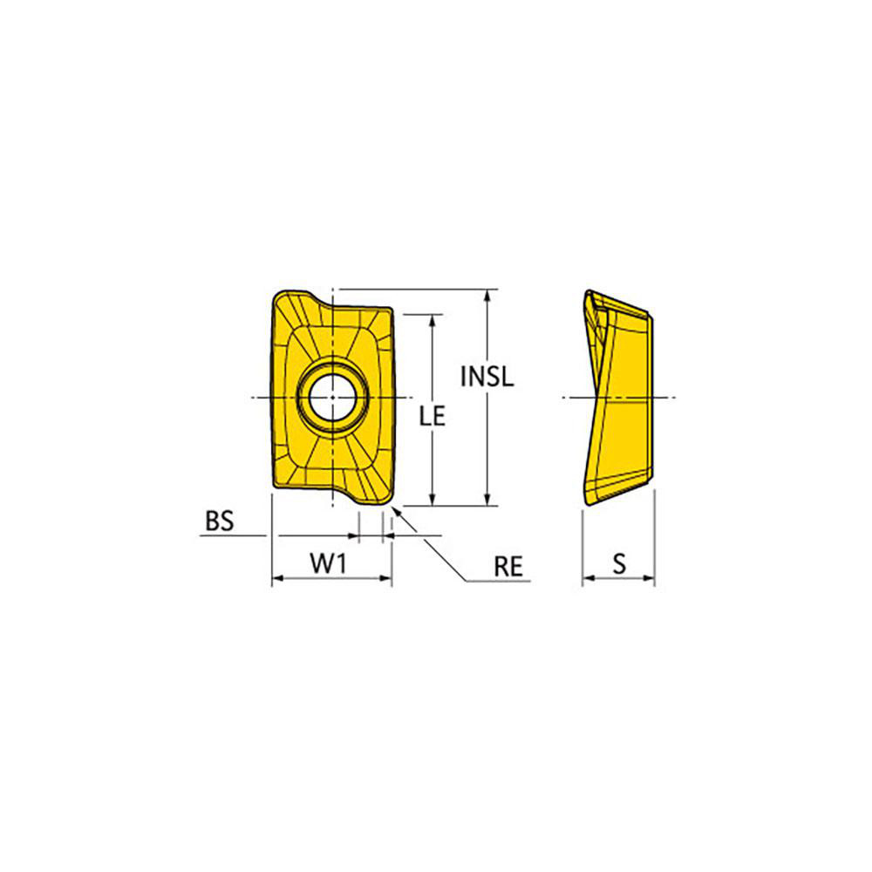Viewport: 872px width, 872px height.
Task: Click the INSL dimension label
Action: [x=487, y=377]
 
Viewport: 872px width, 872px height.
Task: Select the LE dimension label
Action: [x=433, y=417]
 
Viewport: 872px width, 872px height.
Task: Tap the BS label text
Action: [x=220, y=521]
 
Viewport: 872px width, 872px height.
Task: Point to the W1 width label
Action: [x=330, y=565]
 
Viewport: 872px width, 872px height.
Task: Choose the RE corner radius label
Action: [x=508, y=567]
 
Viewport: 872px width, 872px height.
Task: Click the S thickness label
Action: [x=619, y=565]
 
